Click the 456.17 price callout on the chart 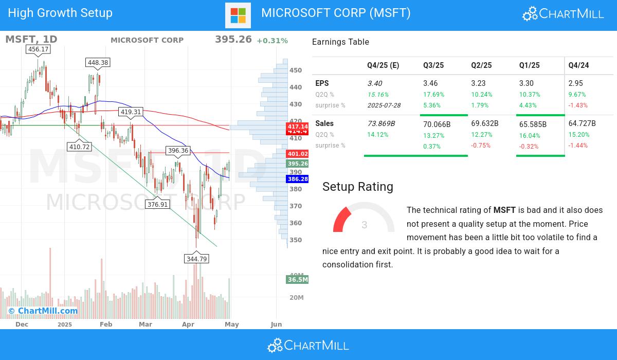39,49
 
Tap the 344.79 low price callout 197,259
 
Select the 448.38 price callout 98,62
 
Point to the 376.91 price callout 157,204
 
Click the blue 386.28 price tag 298,179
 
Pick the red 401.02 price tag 298,154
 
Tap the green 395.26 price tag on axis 298,164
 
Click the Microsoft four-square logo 238,15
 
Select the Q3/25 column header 433,65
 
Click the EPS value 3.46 430,83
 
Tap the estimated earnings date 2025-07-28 384,105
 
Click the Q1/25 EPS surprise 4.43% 528,105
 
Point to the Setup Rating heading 357,187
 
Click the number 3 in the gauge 365,225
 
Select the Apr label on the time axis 188,325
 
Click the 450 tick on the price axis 296,70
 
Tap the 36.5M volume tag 298,280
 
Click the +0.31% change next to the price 272,41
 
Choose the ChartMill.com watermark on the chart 43,311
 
